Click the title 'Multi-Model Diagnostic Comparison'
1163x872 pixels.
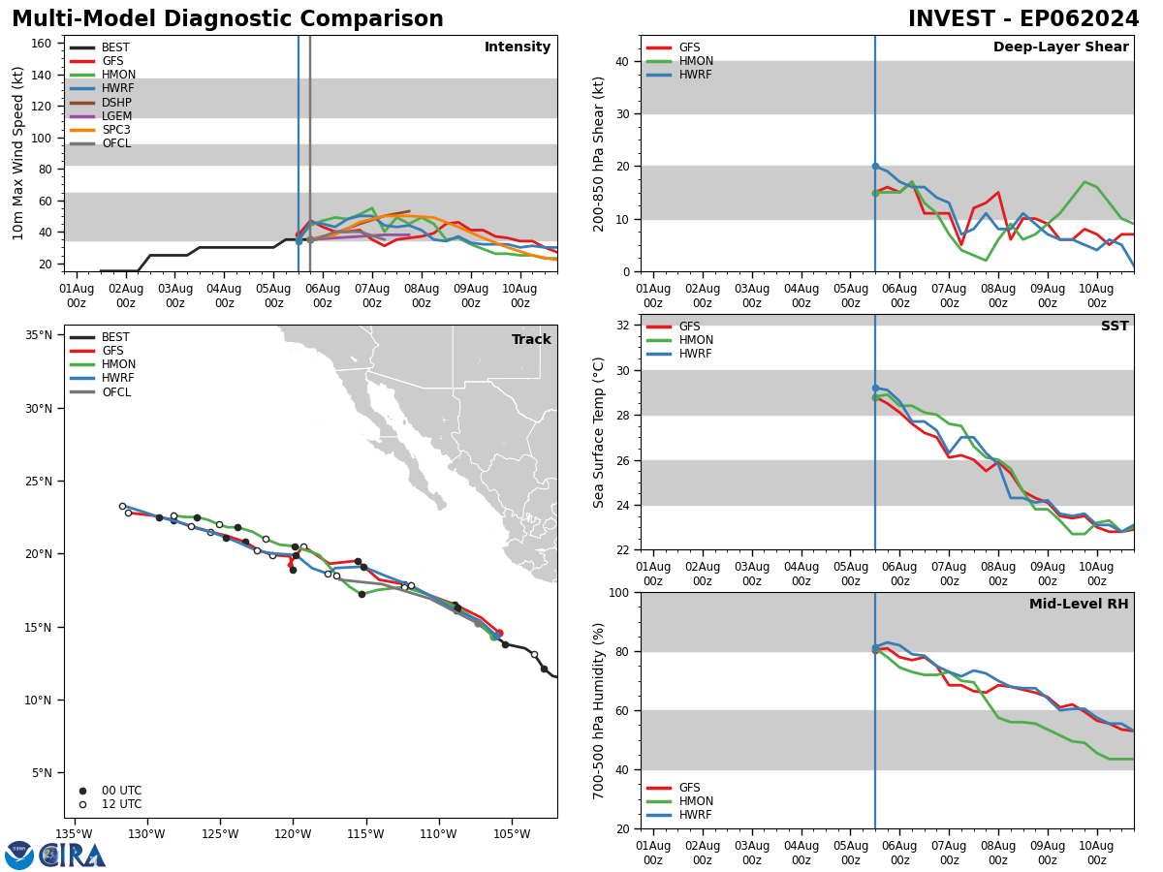228,19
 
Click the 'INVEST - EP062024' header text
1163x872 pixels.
1023,19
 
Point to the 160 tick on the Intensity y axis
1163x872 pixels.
42,44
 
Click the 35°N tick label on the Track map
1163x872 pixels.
39,335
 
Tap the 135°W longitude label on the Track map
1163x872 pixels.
74,834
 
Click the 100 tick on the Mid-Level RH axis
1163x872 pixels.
620,592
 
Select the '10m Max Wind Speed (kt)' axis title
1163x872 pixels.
18,153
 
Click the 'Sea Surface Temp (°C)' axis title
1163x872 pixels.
600,432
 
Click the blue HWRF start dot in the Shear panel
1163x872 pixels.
875,167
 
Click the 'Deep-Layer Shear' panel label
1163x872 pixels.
1060,47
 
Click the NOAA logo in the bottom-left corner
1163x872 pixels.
19,856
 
